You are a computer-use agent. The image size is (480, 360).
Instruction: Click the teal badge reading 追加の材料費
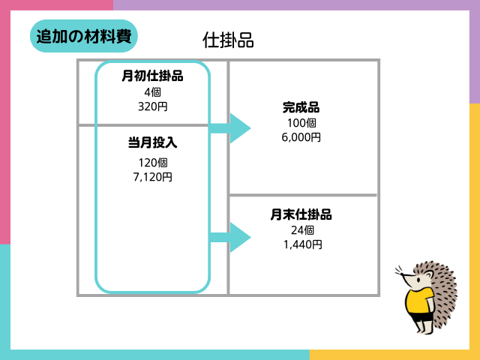pos(84,36)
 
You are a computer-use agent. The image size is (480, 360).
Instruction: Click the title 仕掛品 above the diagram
pos(228,40)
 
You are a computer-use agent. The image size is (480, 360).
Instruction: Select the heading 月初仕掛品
pos(152,76)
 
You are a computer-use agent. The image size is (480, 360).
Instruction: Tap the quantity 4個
pos(152,91)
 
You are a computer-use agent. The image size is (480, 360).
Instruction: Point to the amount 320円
pos(152,106)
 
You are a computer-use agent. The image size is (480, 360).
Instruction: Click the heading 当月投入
pos(152,142)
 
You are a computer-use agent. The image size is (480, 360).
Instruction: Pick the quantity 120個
pos(152,163)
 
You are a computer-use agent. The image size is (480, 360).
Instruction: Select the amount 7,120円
pos(152,177)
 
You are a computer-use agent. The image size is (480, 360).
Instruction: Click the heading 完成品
pos(301,107)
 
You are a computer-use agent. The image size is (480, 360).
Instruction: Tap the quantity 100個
pos(301,123)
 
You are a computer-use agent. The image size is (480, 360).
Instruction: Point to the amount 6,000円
pos(301,137)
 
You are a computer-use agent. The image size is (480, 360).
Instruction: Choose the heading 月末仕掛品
pos(301,214)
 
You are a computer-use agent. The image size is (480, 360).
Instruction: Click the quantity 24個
pos(302,230)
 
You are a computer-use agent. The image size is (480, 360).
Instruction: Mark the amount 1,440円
pos(302,244)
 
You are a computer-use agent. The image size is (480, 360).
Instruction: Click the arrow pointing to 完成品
pos(229,128)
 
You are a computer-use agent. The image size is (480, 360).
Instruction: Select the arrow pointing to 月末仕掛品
pos(229,237)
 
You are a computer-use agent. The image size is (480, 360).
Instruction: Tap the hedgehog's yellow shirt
pos(419,301)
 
